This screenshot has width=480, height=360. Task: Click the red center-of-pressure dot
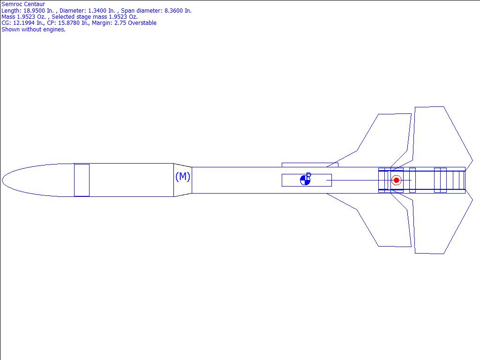(x=396, y=180)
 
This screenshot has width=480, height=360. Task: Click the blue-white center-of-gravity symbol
(x=305, y=180)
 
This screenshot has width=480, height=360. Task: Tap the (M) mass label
(x=182, y=177)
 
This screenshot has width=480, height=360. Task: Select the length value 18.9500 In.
(x=38, y=11)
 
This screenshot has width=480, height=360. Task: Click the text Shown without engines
(x=33, y=29)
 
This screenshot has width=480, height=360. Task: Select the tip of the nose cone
(x=3, y=180)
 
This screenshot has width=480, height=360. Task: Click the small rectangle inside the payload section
(x=82, y=180)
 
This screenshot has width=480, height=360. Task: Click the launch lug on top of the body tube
(x=309, y=165)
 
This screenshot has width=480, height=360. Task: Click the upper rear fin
(x=438, y=136)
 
